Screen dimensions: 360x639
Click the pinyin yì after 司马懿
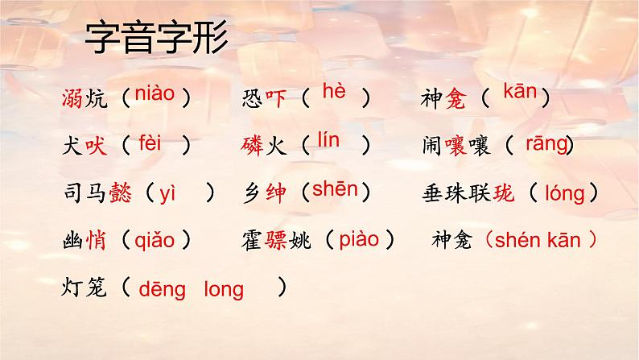[x=167, y=192]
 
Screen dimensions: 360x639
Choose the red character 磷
[x=252, y=146]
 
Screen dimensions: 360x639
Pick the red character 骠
[x=273, y=240]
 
